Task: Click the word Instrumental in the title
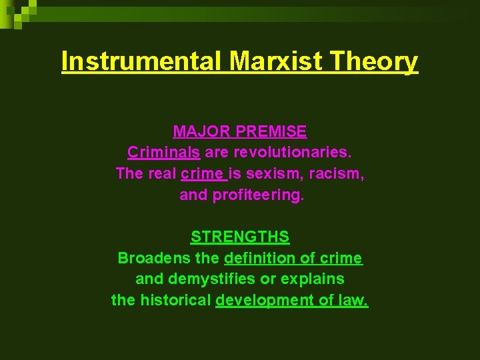coord(143,61)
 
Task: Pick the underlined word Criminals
coord(163,152)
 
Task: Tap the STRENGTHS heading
coord(240,237)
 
